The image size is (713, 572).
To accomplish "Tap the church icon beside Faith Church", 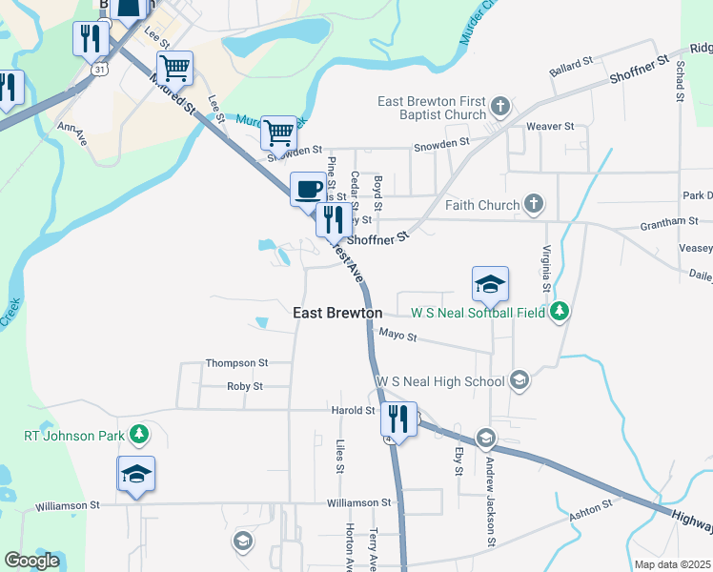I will point(534,204).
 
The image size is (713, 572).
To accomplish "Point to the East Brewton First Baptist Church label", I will point(432,108).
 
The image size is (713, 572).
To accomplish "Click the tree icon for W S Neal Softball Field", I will point(562,312).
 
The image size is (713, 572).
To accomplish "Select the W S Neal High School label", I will point(440,381).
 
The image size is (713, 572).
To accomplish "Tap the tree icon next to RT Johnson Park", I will point(140,436).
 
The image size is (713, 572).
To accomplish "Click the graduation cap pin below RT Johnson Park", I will point(136,474).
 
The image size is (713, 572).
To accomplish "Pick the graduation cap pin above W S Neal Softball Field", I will point(490,283).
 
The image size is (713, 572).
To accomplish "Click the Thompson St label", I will point(237,363).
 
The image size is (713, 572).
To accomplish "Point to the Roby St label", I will point(244,386).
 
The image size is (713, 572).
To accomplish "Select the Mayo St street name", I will point(398,336).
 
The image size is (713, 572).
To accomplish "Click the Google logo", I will point(32,560).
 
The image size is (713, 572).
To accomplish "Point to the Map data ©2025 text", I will point(671,564).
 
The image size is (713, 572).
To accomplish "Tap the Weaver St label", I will point(550,126).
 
